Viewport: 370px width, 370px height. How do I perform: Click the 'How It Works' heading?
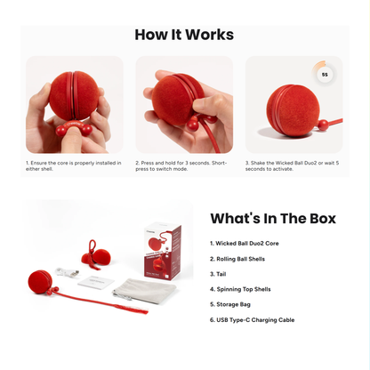pos(184,36)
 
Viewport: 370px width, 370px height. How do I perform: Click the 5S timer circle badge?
pos(324,75)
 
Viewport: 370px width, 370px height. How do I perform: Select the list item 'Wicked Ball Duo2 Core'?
pos(245,243)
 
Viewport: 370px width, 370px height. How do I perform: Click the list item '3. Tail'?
pos(219,273)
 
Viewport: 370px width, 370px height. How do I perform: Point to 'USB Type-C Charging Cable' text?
pos(253,318)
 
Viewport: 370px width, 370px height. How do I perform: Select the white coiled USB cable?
pos(67,272)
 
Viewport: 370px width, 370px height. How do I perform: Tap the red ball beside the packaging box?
pos(40,283)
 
